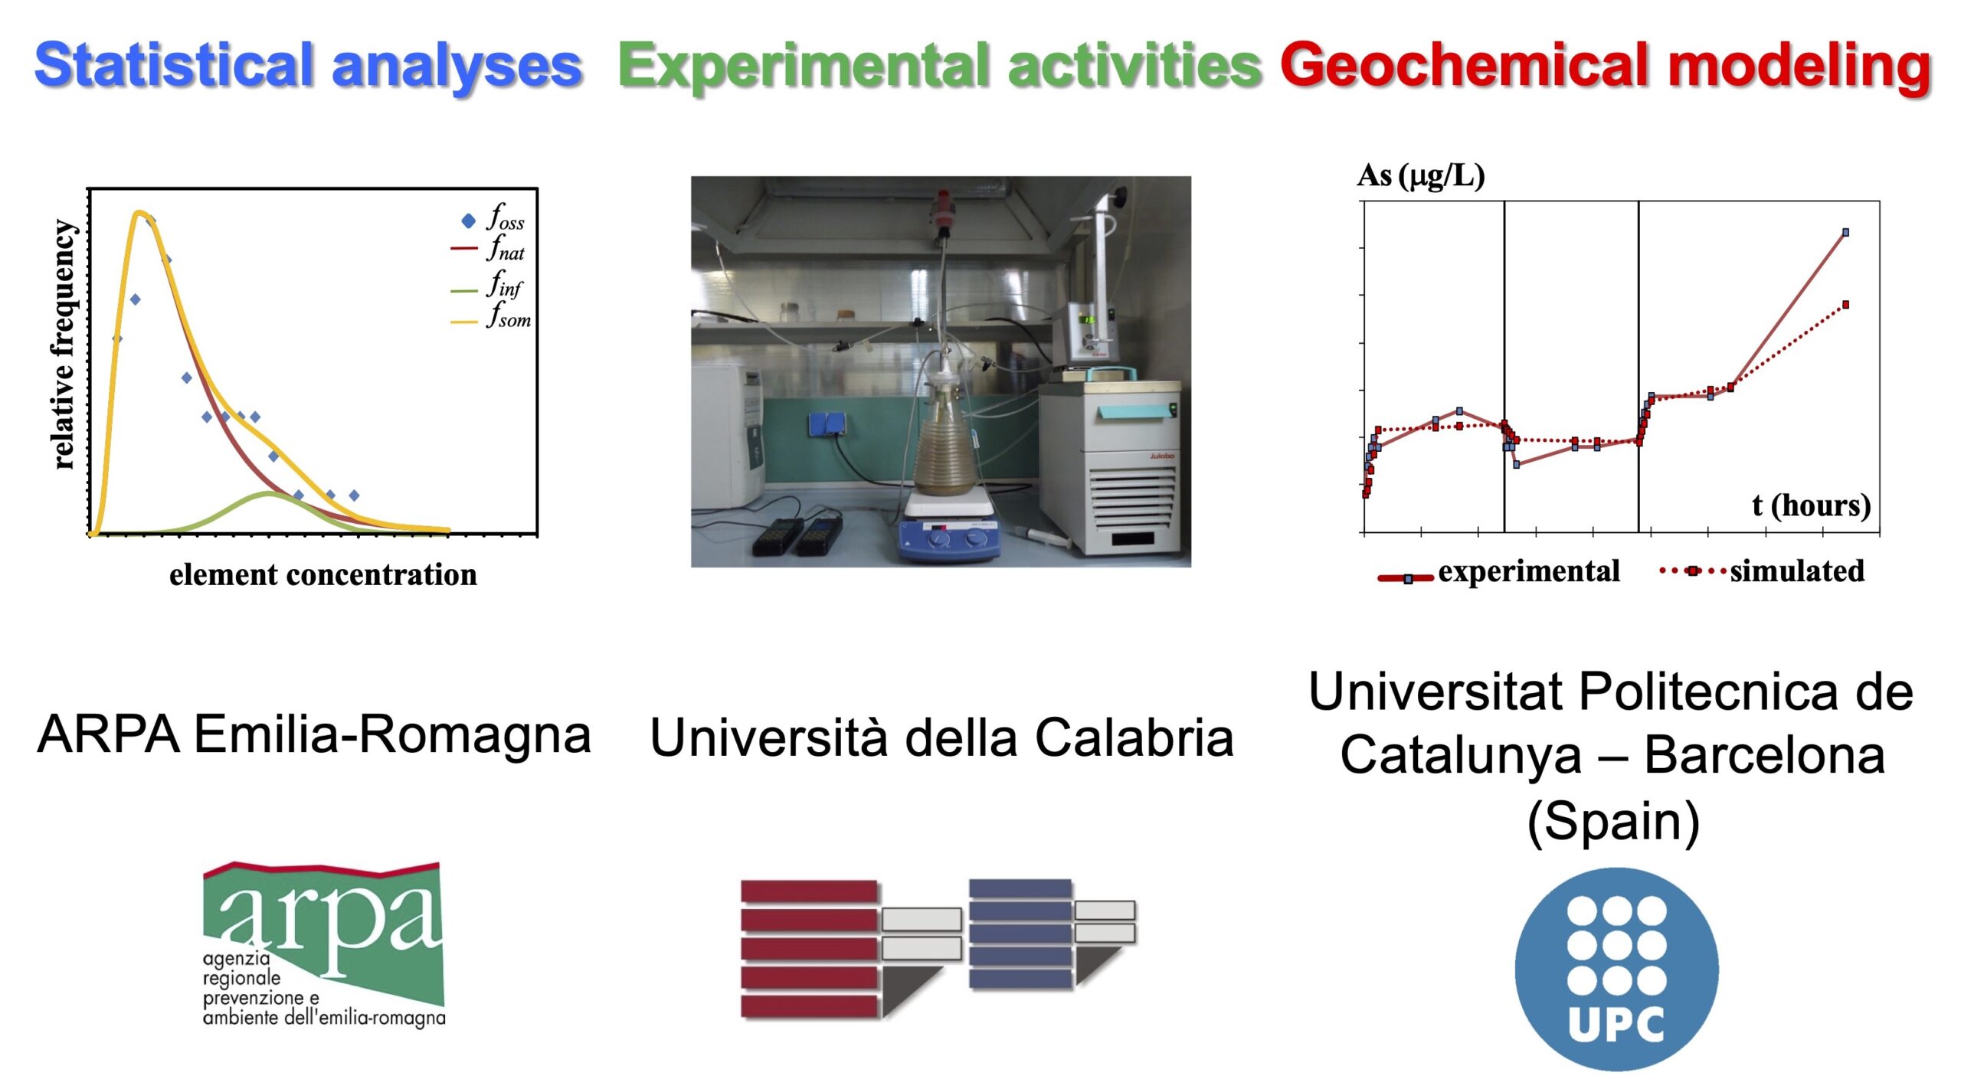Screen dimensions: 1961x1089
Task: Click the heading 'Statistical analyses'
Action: (x=309, y=67)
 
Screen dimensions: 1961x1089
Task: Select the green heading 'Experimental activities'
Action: (x=940, y=67)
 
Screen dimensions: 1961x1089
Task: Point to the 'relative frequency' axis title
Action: (x=63, y=344)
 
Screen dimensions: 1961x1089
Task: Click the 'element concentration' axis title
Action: (x=322, y=574)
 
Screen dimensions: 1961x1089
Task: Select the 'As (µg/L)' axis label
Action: (x=1421, y=176)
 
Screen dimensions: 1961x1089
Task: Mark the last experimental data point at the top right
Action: (x=1845, y=232)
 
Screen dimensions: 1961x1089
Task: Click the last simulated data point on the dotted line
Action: (x=1845, y=305)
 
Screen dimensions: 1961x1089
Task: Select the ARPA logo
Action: (x=323, y=943)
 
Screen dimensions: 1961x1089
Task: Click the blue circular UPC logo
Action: (x=1616, y=969)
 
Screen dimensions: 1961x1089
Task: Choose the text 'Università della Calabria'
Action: (x=941, y=738)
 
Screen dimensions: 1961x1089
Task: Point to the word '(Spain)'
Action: (x=1613, y=822)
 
